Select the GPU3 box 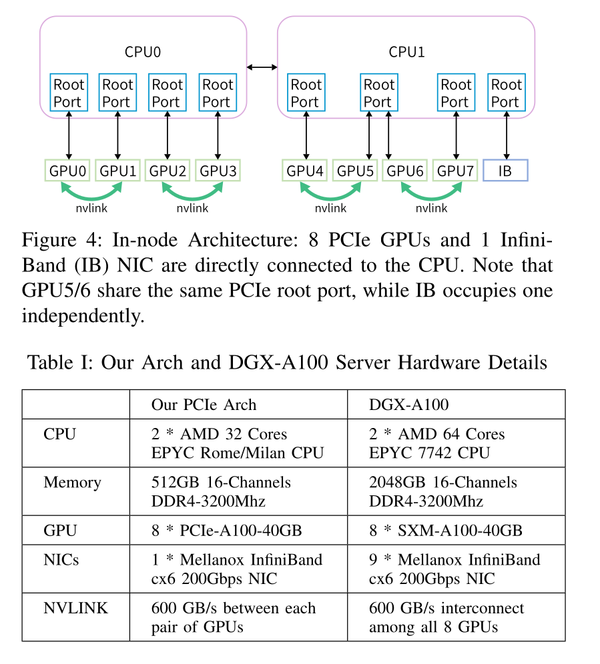218,171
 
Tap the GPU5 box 355,171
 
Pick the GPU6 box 405,171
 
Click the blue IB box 505,171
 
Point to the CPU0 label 143,52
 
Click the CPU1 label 407,52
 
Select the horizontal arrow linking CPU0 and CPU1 262,67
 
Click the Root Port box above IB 506,93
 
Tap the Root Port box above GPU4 306,93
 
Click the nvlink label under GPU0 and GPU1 91,208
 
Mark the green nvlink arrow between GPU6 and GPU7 431,193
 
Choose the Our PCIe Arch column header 204,405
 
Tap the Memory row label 73,482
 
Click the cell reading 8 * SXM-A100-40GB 445,531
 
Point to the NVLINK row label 75,608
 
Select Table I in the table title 59,363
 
